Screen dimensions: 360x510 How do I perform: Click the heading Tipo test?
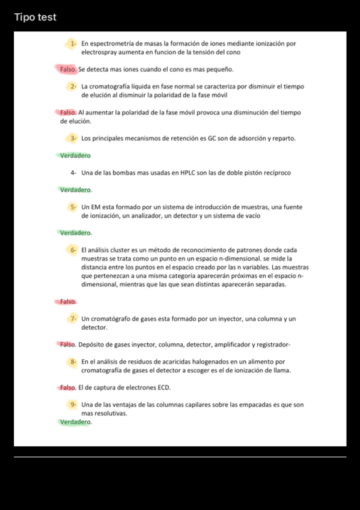[35, 17]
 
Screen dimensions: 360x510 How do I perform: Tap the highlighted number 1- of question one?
[72, 44]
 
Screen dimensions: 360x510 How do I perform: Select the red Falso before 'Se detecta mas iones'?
[68, 70]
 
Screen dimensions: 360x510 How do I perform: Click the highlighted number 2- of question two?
[72, 87]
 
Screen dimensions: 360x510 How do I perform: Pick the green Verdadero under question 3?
[75, 156]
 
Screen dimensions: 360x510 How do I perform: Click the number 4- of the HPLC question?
[73, 173]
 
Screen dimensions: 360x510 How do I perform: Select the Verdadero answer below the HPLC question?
[75, 190]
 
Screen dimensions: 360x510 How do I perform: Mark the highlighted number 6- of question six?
[72, 250]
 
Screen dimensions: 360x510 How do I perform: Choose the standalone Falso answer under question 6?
[68, 301]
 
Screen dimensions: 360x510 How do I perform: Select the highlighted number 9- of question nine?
[72, 405]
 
